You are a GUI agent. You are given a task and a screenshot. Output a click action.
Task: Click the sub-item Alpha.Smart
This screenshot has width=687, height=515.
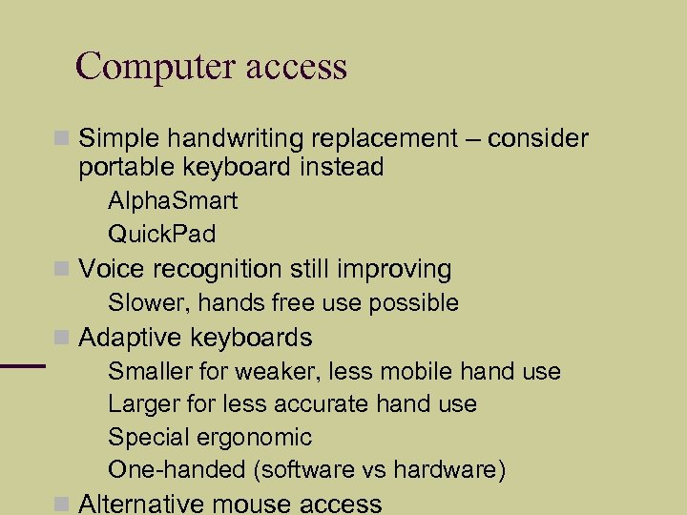173,201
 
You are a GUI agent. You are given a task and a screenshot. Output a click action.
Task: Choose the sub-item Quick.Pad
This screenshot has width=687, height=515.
162,234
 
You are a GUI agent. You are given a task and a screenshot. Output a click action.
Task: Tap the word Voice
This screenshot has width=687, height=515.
109,270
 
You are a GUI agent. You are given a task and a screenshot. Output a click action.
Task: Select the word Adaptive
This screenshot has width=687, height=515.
131,338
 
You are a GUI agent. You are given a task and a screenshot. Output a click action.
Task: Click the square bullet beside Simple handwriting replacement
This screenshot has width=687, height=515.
63,139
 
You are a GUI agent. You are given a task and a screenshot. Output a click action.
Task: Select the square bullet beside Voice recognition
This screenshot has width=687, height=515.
63,270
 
